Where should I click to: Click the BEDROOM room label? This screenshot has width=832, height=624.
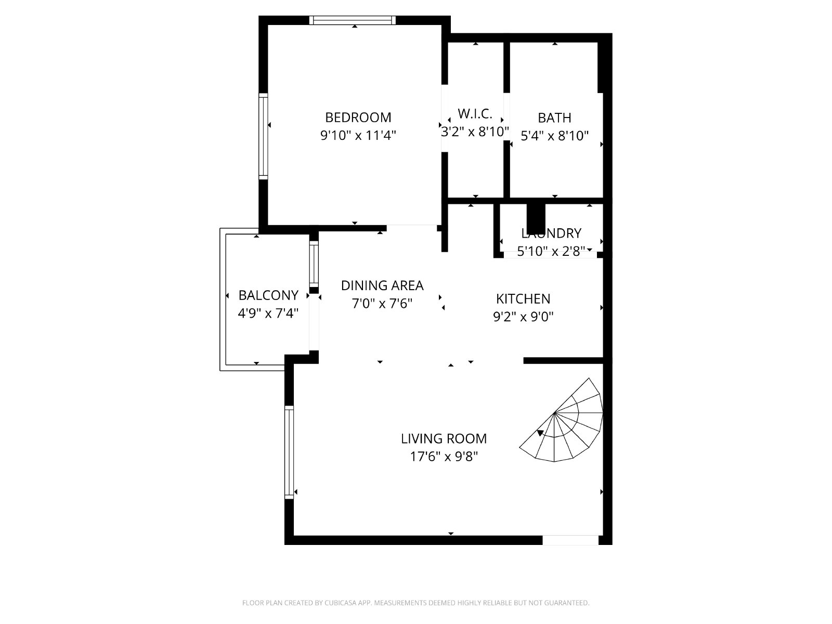[358, 118]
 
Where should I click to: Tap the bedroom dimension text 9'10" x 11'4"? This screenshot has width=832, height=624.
[358, 135]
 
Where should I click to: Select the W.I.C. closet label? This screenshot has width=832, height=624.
[475, 114]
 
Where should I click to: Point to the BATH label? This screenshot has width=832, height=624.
[554, 118]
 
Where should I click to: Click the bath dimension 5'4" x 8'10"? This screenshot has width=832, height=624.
[554, 136]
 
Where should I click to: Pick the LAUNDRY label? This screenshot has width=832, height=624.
[551, 233]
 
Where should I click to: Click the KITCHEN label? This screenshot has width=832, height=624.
[523, 299]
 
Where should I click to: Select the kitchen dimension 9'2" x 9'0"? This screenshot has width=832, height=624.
[523, 316]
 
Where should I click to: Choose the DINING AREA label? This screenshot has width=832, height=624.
[382, 285]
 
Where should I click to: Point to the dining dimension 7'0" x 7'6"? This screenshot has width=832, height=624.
[382, 304]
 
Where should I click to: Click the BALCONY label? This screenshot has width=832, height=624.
[268, 295]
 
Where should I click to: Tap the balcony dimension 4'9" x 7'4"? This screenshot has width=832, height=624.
[268, 314]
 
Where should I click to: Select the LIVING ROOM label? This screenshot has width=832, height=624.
[444, 439]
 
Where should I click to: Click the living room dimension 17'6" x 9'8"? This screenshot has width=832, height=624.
[444, 457]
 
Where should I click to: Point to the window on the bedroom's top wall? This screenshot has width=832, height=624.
[353, 20]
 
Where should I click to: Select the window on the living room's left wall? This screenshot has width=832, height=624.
[289, 452]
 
